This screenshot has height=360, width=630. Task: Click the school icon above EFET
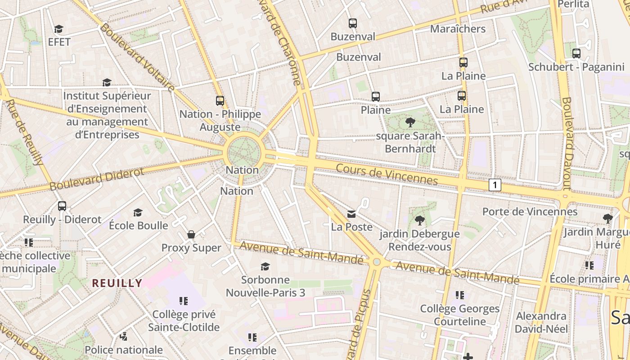coord(58,29)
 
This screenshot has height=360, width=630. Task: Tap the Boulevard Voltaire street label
coord(137,58)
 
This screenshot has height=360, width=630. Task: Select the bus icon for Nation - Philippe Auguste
coord(220,101)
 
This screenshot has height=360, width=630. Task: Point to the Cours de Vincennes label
coord(387,174)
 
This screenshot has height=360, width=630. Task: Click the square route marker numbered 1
coord(495,185)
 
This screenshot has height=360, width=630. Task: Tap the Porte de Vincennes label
coord(530,211)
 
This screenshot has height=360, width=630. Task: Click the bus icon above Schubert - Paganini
coord(576,54)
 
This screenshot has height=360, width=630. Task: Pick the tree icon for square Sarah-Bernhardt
coord(410,122)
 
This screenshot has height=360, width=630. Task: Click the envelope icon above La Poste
coord(351,214)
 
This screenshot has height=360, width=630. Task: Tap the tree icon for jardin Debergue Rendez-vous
coord(419,220)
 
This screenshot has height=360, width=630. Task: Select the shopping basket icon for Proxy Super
coord(191,234)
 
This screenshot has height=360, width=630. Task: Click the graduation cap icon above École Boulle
coord(138,212)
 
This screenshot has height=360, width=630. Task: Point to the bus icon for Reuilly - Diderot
coord(62,206)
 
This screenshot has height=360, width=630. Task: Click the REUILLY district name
coord(117,283)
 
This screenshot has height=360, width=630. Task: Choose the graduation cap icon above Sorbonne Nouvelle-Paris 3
coord(265,266)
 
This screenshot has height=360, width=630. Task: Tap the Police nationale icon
coord(123,336)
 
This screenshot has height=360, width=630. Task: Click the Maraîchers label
coord(458,29)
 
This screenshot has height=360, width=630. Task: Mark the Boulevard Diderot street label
coord(97,179)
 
